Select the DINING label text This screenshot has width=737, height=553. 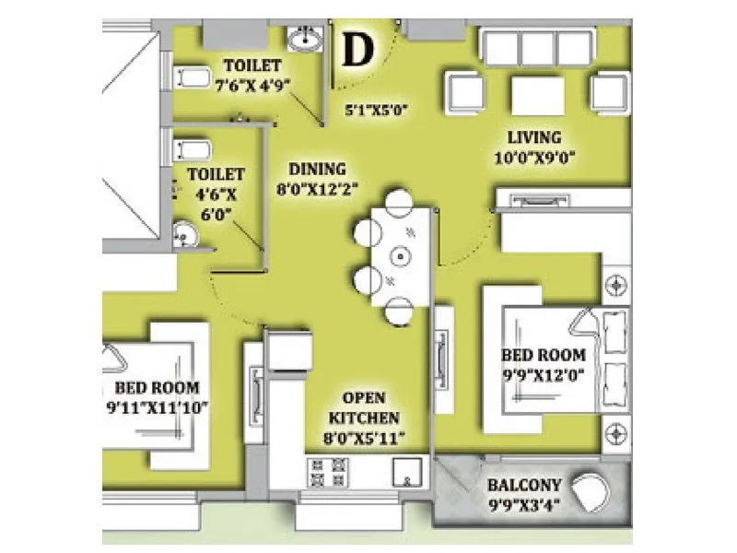317,169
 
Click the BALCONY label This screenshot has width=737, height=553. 521,484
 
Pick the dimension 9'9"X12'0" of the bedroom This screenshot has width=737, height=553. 544,374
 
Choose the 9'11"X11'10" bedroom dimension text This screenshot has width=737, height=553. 158,407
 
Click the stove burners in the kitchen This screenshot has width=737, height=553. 327,476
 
